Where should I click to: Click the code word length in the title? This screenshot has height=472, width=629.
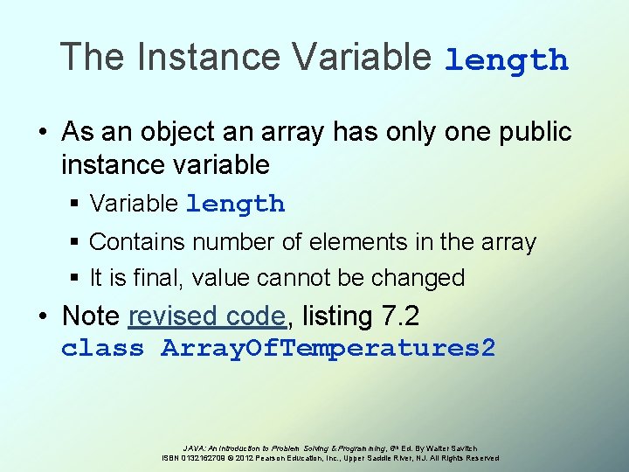(x=507, y=60)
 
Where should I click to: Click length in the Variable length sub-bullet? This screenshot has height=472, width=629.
(x=235, y=205)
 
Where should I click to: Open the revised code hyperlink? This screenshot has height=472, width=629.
(x=206, y=315)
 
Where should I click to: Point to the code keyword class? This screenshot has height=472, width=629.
(x=102, y=349)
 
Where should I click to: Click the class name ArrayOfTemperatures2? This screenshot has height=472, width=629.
(x=328, y=349)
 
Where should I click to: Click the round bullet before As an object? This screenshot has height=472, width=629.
(x=44, y=133)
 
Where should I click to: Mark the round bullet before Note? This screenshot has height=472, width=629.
(x=44, y=315)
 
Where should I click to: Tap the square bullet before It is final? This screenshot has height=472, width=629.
(x=75, y=278)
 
